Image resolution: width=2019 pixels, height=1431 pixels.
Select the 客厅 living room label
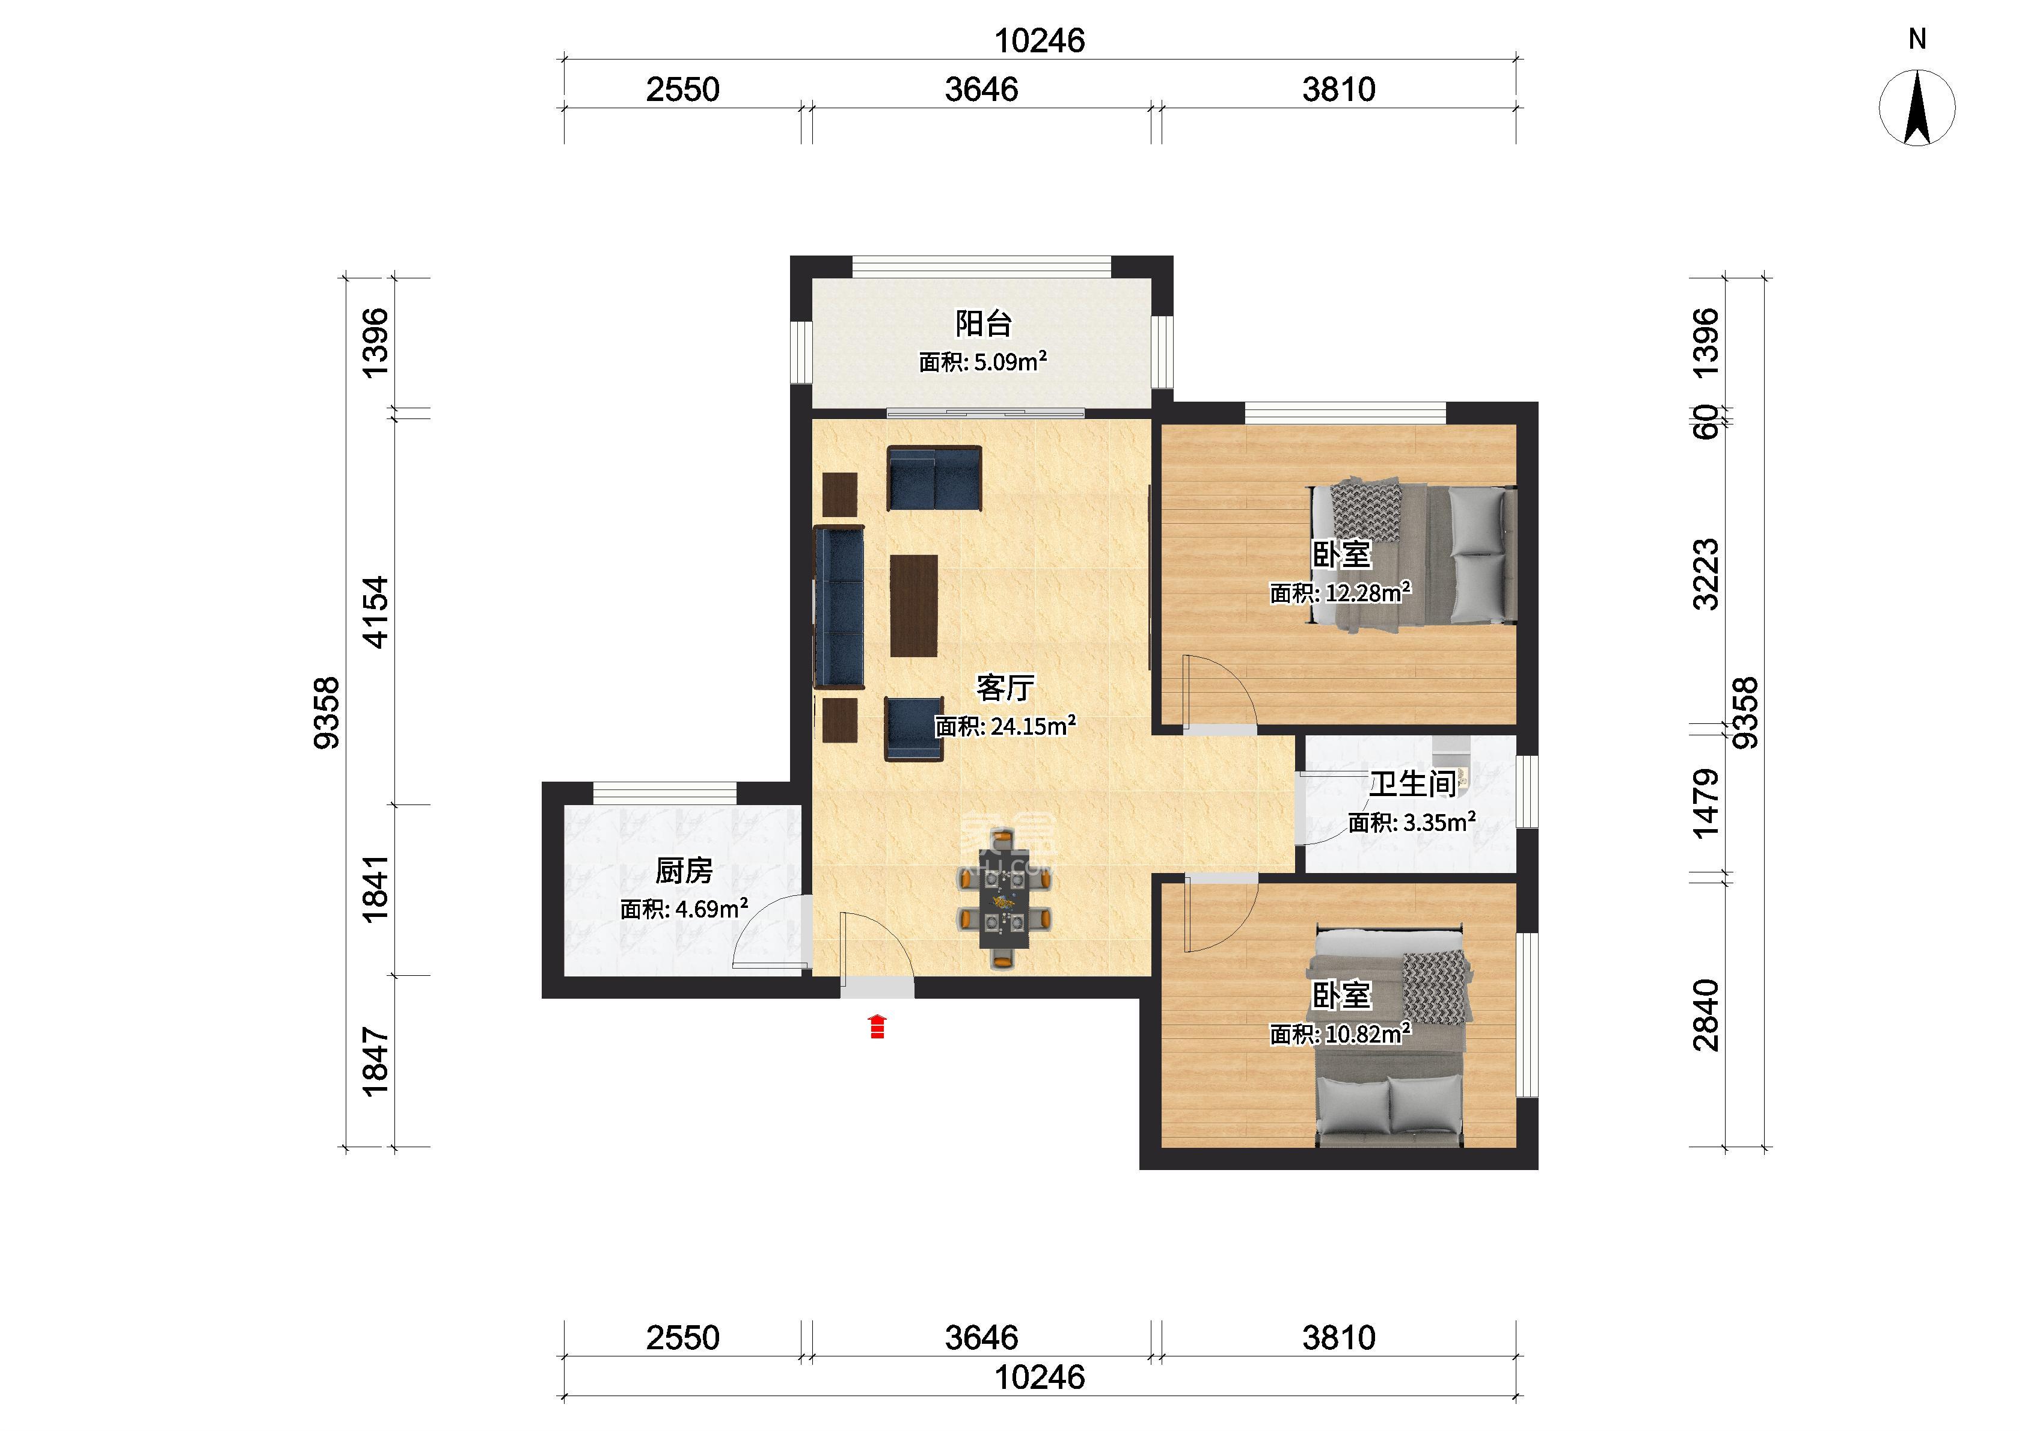tap(1005, 687)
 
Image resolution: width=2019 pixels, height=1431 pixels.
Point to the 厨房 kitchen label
tap(684, 871)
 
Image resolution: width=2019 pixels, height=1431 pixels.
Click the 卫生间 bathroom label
tap(1412, 783)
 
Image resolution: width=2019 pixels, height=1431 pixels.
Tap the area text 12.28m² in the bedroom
tap(1368, 592)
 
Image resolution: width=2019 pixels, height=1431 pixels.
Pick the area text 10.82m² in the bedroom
tap(1368, 1033)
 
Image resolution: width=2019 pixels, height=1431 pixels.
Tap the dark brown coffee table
tap(913, 605)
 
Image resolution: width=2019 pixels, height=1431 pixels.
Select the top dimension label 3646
tap(981, 89)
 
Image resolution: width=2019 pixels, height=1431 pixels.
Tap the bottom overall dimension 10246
tap(1040, 1376)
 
